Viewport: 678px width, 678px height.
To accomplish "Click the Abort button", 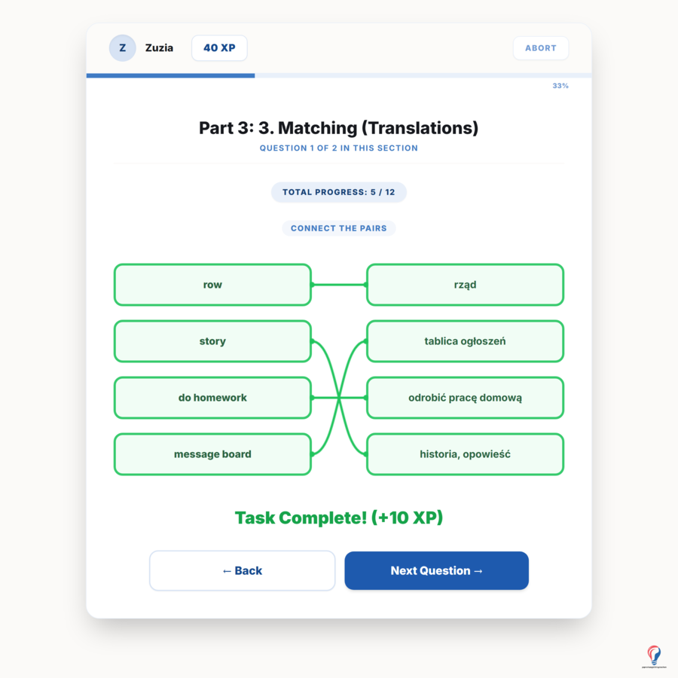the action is [540, 48].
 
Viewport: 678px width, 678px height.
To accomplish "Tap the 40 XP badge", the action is [219, 48].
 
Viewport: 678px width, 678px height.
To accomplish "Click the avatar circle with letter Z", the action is [122, 48].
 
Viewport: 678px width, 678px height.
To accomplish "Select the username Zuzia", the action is [159, 48].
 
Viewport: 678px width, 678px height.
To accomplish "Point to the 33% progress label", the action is [560, 86].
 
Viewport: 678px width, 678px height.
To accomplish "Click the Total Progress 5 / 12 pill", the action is [338, 192].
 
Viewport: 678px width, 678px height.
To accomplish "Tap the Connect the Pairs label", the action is [338, 228].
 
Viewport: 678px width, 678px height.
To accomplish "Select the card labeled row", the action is [212, 285].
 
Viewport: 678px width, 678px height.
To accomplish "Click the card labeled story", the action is [212, 341].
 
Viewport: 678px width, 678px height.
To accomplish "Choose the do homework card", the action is [212, 398].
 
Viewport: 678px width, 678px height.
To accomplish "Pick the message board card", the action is [212, 454].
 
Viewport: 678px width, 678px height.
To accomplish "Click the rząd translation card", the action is [466, 285].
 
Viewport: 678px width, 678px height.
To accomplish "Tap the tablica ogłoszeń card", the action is [466, 341].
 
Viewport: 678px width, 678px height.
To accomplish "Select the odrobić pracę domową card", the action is [466, 398].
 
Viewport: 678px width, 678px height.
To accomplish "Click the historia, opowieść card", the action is [466, 454].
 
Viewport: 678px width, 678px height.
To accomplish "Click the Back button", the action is [242, 571].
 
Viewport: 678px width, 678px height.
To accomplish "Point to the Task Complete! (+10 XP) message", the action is [339, 518].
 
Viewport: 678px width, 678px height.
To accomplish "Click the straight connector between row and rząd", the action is [339, 285].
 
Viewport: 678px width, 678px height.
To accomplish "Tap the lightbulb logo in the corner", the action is [654, 656].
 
